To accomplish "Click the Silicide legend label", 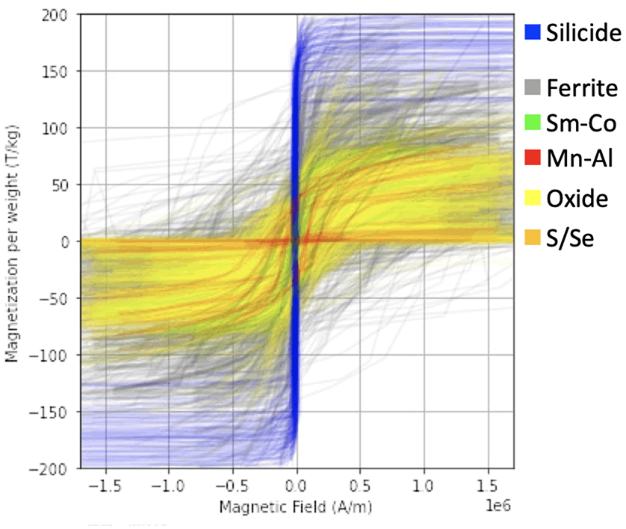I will (x=583, y=32).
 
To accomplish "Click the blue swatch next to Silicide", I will (x=533, y=32).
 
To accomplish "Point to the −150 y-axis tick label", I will (x=58, y=412).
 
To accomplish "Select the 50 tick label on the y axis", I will (x=66, y=185).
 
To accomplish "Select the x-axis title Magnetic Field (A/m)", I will (x=297, y=507).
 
